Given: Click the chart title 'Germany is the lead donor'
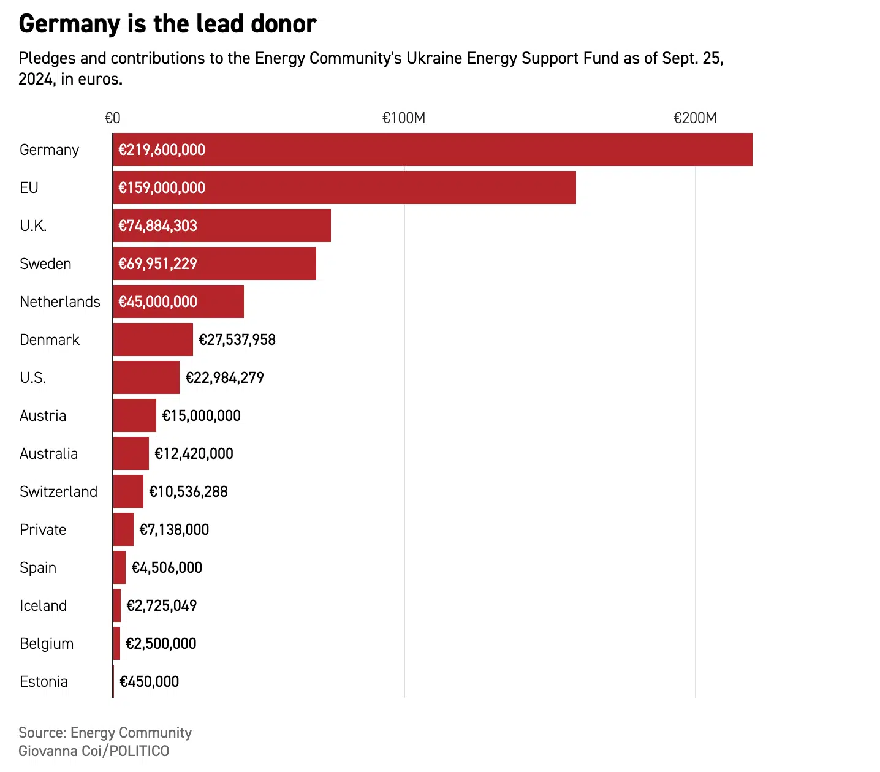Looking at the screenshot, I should point(167,25).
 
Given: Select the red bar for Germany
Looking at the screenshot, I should point(432,149).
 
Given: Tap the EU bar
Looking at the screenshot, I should point(344,187).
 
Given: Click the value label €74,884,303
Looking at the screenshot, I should point(157,226).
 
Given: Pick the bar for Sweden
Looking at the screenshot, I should point(214,263).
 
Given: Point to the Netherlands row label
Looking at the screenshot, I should point(60,302).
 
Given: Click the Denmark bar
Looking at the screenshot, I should point(153,339).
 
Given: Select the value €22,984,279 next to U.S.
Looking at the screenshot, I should point(224,378).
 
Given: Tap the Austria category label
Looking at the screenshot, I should point(43,416).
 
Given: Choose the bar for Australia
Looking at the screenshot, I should point(131,453).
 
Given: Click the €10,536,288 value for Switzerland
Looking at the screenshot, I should point(188,492).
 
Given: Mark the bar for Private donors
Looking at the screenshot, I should point(123,529).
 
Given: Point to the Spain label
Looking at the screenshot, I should point(38,568).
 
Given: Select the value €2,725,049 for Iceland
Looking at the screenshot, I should point(161,606).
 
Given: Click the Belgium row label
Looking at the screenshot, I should point(47,644).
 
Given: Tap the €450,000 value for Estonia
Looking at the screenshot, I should point(149,682).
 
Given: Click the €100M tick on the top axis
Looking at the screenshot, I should point(404,118).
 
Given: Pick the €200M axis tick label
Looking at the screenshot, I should point(695,118).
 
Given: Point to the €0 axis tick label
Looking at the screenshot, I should point(113,118).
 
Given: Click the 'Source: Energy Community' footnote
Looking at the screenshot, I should point(105,733).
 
